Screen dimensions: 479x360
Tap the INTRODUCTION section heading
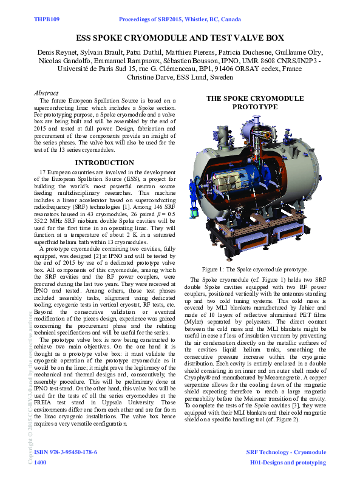104,163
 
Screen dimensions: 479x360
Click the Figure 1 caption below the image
256,269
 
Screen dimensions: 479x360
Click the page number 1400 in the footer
40,462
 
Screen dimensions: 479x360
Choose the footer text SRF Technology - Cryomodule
286,452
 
